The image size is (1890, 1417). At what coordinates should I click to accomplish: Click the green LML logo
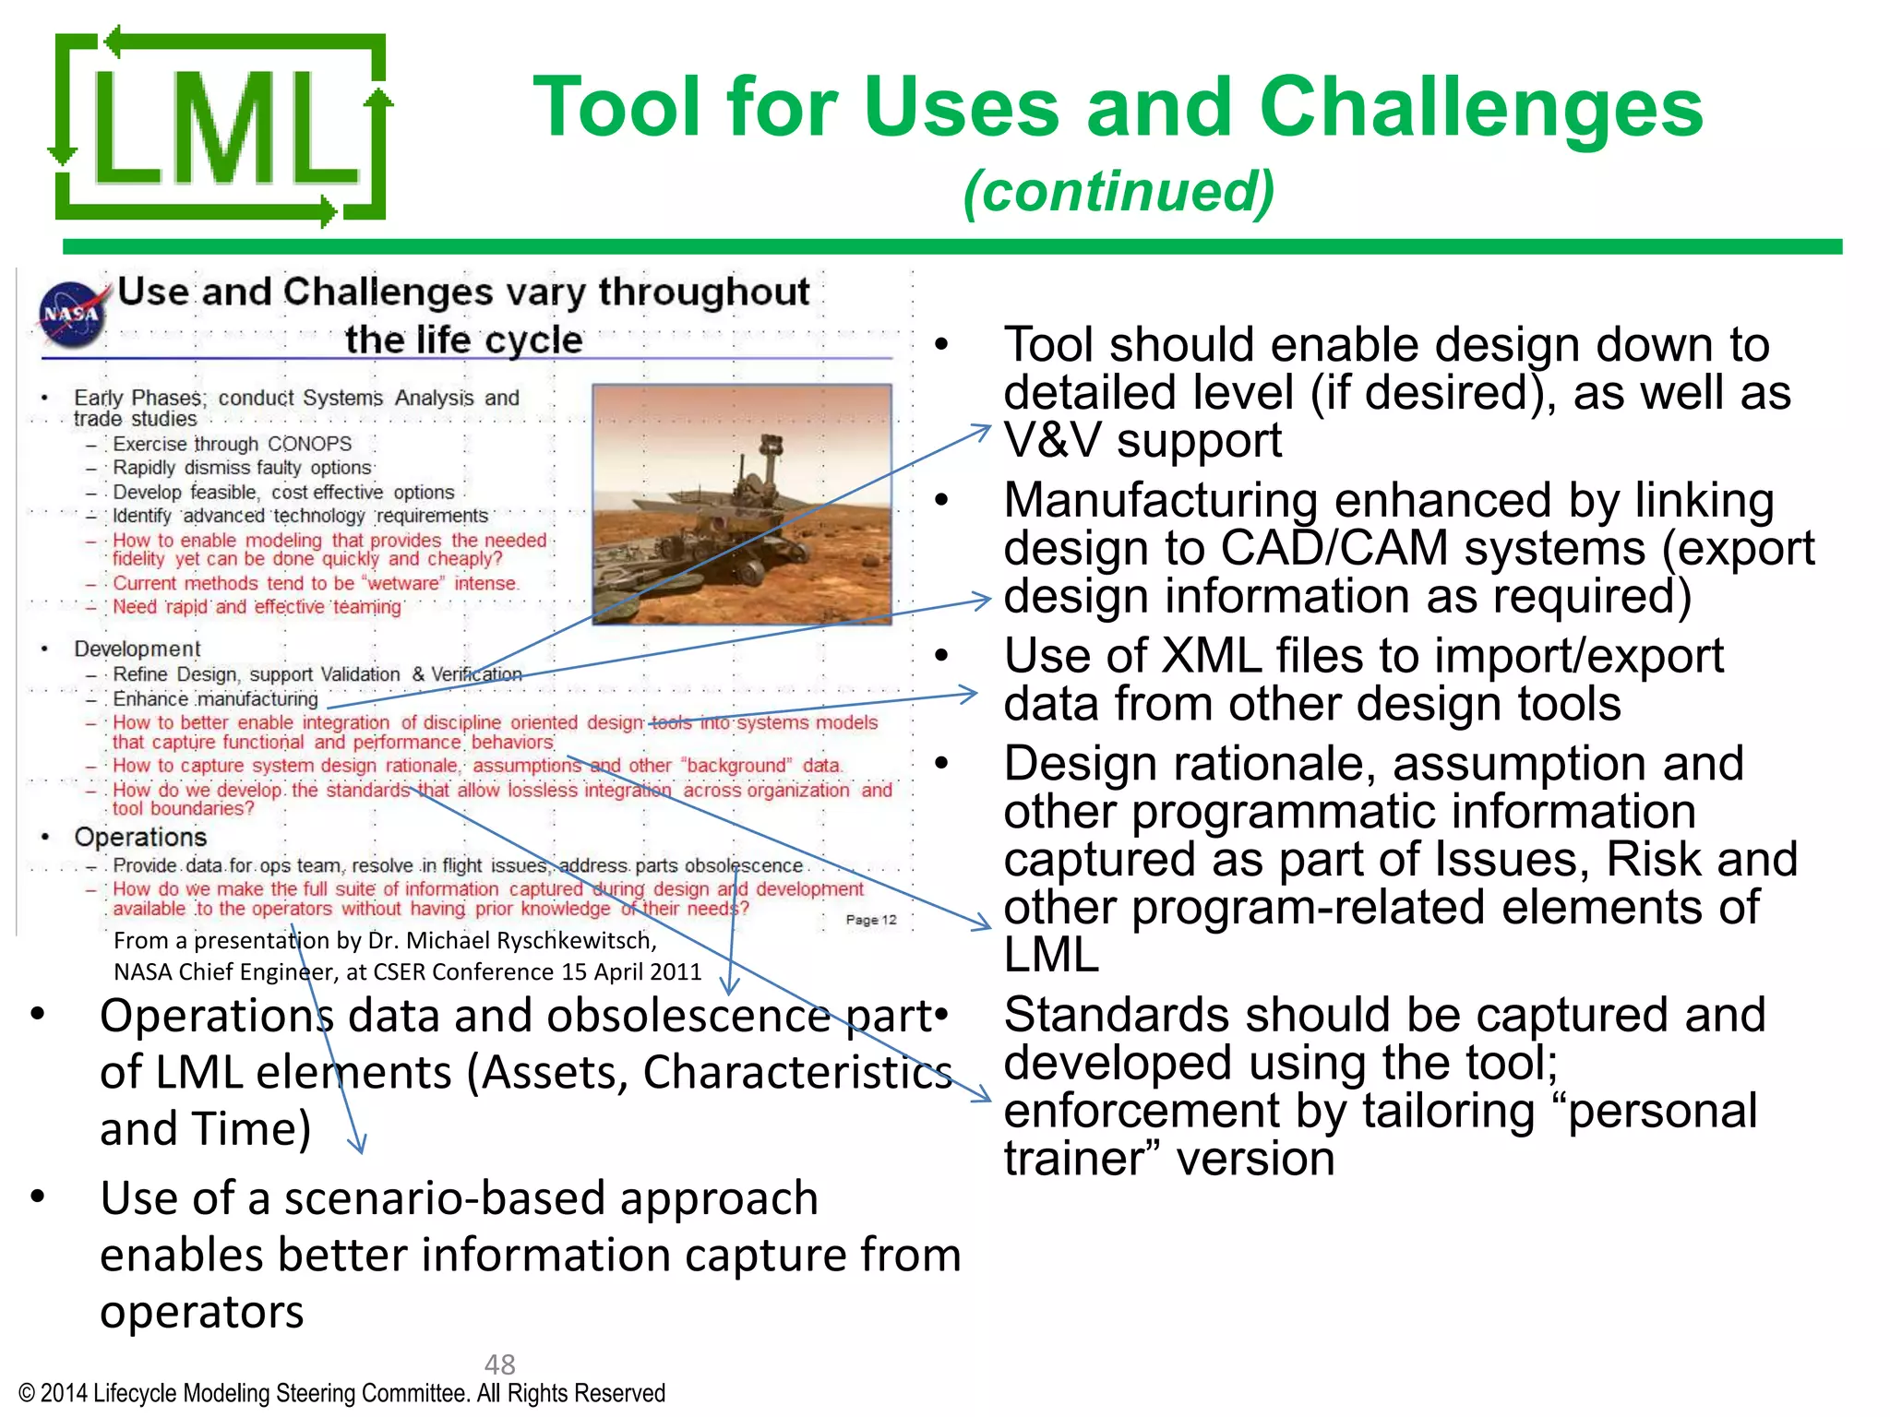pos(220,127)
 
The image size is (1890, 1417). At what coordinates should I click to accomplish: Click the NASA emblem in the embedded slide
pos(71,314)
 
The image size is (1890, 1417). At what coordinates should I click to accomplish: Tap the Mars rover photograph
pos(741,505)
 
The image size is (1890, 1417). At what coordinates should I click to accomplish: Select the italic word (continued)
pos(1118,192)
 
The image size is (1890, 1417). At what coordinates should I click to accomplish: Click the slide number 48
pos(499,1363)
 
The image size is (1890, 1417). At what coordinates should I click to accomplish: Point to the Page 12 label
pos(870,920)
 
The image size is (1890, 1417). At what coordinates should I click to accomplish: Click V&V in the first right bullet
pos(1052,440)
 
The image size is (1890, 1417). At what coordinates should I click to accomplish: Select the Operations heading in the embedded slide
pos(140,837)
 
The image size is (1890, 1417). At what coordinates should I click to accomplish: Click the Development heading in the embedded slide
pos(137,649)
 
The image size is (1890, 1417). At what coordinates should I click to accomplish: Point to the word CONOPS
pos(309,444)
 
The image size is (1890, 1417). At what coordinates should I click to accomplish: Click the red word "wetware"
pos(404,583)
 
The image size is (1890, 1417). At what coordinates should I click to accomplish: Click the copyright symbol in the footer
pos(27,1393)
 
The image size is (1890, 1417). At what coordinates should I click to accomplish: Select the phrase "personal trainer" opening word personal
pos(1662,1111)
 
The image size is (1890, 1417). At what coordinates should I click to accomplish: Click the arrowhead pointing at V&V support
pos(984,428)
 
